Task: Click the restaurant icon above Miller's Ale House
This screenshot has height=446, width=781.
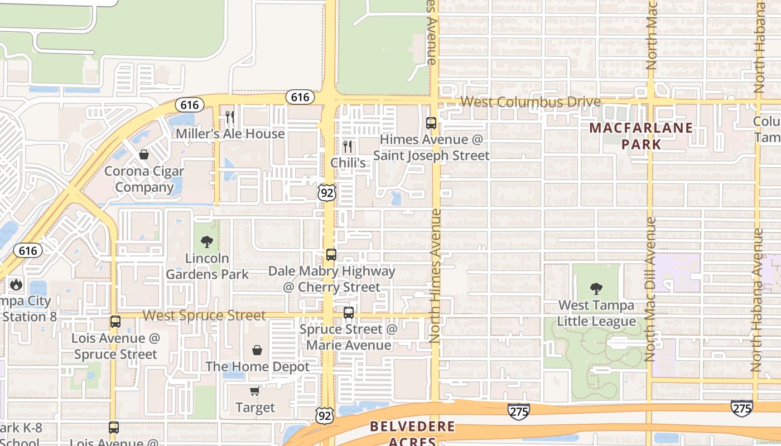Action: coord(229,117)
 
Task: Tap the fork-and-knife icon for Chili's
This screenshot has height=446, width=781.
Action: coord(348,147)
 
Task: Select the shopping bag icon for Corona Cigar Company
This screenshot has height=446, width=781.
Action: coord(144,154)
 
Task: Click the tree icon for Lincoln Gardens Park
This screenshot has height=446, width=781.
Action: coord(207,242)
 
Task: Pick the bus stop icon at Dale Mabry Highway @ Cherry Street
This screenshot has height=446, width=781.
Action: coord(331,255)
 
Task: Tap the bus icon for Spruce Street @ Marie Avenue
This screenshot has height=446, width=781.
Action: coord(349,313)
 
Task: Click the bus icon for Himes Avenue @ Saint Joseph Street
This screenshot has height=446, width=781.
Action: coord(431,123)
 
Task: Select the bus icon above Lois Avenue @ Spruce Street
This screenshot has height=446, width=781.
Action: coord(115,322)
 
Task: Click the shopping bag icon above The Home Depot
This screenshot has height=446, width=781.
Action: coord(257,350)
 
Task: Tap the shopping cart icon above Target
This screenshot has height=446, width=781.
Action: coord(254,391)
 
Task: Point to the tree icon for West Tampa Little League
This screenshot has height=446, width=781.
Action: coord(596,289)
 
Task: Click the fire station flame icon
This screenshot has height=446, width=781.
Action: coord(16,284)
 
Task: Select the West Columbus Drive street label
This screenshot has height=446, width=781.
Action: coord(531,102)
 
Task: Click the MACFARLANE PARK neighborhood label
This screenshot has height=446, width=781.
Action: coord(641,136)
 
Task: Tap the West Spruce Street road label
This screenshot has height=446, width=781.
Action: coord(204,316)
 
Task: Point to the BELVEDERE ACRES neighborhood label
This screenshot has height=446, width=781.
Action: coord(412,434)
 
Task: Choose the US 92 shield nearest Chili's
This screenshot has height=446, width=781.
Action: coord(327,193)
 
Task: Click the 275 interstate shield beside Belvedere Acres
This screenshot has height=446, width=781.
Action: coord(518,411)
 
